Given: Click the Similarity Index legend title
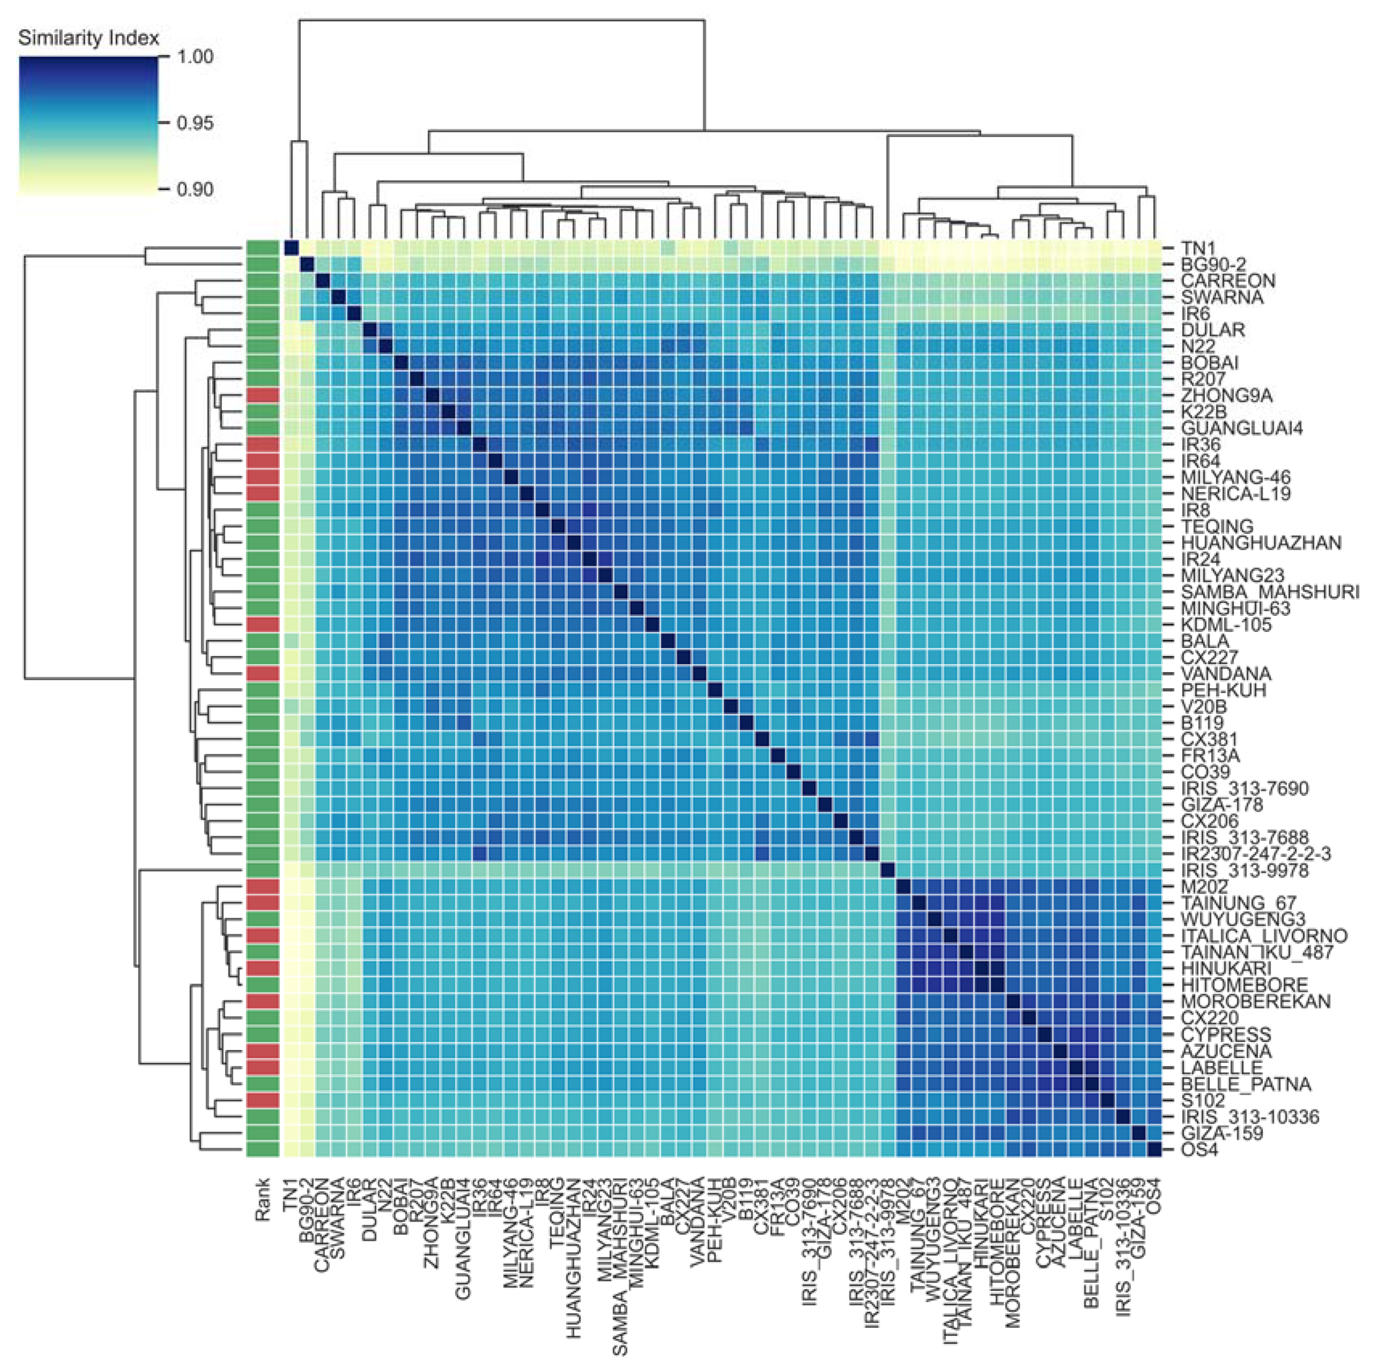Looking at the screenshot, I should click(88, 38).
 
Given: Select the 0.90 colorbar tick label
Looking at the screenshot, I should click(194, 189).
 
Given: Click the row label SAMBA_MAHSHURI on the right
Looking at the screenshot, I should click(1270, 592).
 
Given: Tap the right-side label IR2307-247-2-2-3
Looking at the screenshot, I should click(1256, 853).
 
